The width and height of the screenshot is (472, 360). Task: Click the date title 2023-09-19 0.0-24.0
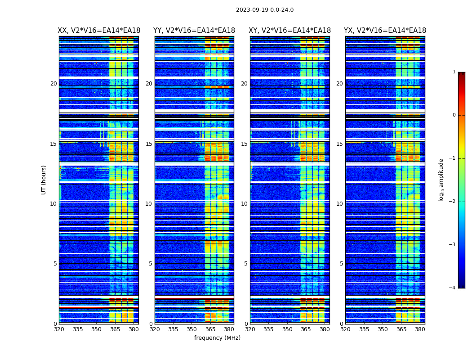pyautogui.click(x=265, y=10)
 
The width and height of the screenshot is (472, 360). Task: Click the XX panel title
pyautogui.click(x=99, y=31)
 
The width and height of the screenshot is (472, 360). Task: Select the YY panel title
pyautogui.click(x=194, y=31)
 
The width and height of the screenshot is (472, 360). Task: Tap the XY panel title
pyautogui.click(x=290, y=31)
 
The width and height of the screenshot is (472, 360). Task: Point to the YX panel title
pyautogui.click(x=385, y=31)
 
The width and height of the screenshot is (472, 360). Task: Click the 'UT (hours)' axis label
pyautogui.click(x=44, y=180)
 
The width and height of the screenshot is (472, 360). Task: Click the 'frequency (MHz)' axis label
pyautogui.click(x=217, y=338)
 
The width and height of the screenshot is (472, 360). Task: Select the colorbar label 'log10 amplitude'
pyautogui.click(x=441, y=180)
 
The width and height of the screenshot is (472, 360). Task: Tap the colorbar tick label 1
pyautogui.click(x=454, y=72)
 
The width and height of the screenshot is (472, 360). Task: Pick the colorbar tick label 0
pyautogui.click(x=454, y=115)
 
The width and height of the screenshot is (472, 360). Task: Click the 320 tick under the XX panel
pyautogui.click(x=59, y=329)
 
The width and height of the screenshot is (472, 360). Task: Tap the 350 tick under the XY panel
pyautogui.click(x=287, y=329)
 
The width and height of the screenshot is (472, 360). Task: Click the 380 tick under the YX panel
pyautogui.click(x=420, y=329)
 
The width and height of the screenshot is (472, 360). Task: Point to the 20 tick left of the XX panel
pyautogui.click(x=53, y=84)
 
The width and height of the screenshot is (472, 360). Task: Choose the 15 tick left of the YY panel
pyautogui.click(x=149, y=144)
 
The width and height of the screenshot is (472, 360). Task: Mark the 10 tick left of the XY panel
pyautogui.click(x=244, y=204)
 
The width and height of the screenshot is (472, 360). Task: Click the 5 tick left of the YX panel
pyautogui.click(x=341, y=264)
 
